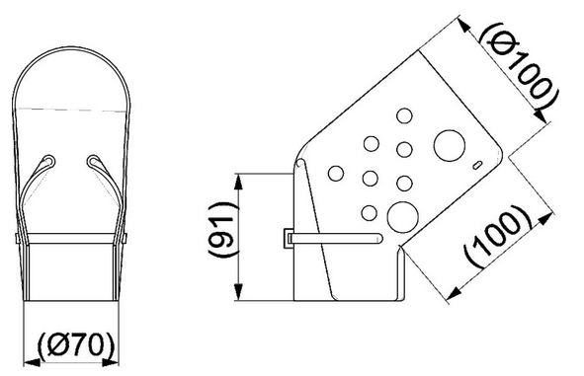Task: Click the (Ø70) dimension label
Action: [x=72, y=346]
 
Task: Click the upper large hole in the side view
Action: [x=449, y=145]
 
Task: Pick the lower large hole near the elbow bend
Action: [x=402, y=215]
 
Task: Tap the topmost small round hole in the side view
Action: [x=402, y=115]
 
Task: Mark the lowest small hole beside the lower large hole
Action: [x=369, y=210]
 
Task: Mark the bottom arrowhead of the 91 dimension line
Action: [x=239, y=297]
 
